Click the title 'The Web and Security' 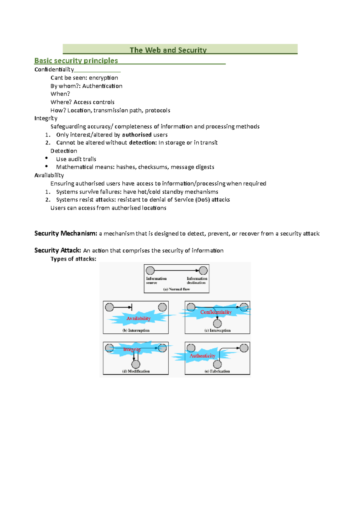point(168,50)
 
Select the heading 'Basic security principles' point(76,61)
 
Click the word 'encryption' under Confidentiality point(103,78)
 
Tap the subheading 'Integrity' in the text point(46,118)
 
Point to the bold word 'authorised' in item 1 point(137,135)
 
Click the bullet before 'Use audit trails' point(46,158)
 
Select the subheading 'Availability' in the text point(49,175)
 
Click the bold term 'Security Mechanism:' point(66,233)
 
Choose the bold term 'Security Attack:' point(58,250)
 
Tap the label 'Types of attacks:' point(73,259)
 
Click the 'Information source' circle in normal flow point(150,271)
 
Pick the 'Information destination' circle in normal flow point(203,271)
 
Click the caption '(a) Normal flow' point(176,289)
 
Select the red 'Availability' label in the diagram point(138,318)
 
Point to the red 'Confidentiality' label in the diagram point(216,312)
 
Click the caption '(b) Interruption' point(136,330)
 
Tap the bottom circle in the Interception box point(217,323)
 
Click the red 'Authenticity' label point(202,356)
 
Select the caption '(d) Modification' point(136,371)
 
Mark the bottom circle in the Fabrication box point(217,364)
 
